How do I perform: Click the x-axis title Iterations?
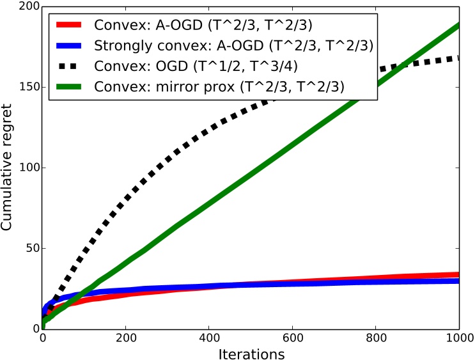tap(251, 352)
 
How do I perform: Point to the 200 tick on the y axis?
tap(27, 8)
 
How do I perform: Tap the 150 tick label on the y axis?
tap(27, 88)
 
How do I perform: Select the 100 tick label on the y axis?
tap(27, 168)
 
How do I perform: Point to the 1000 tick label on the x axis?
tap(458, 337)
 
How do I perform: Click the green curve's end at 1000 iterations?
tap(458, 26)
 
